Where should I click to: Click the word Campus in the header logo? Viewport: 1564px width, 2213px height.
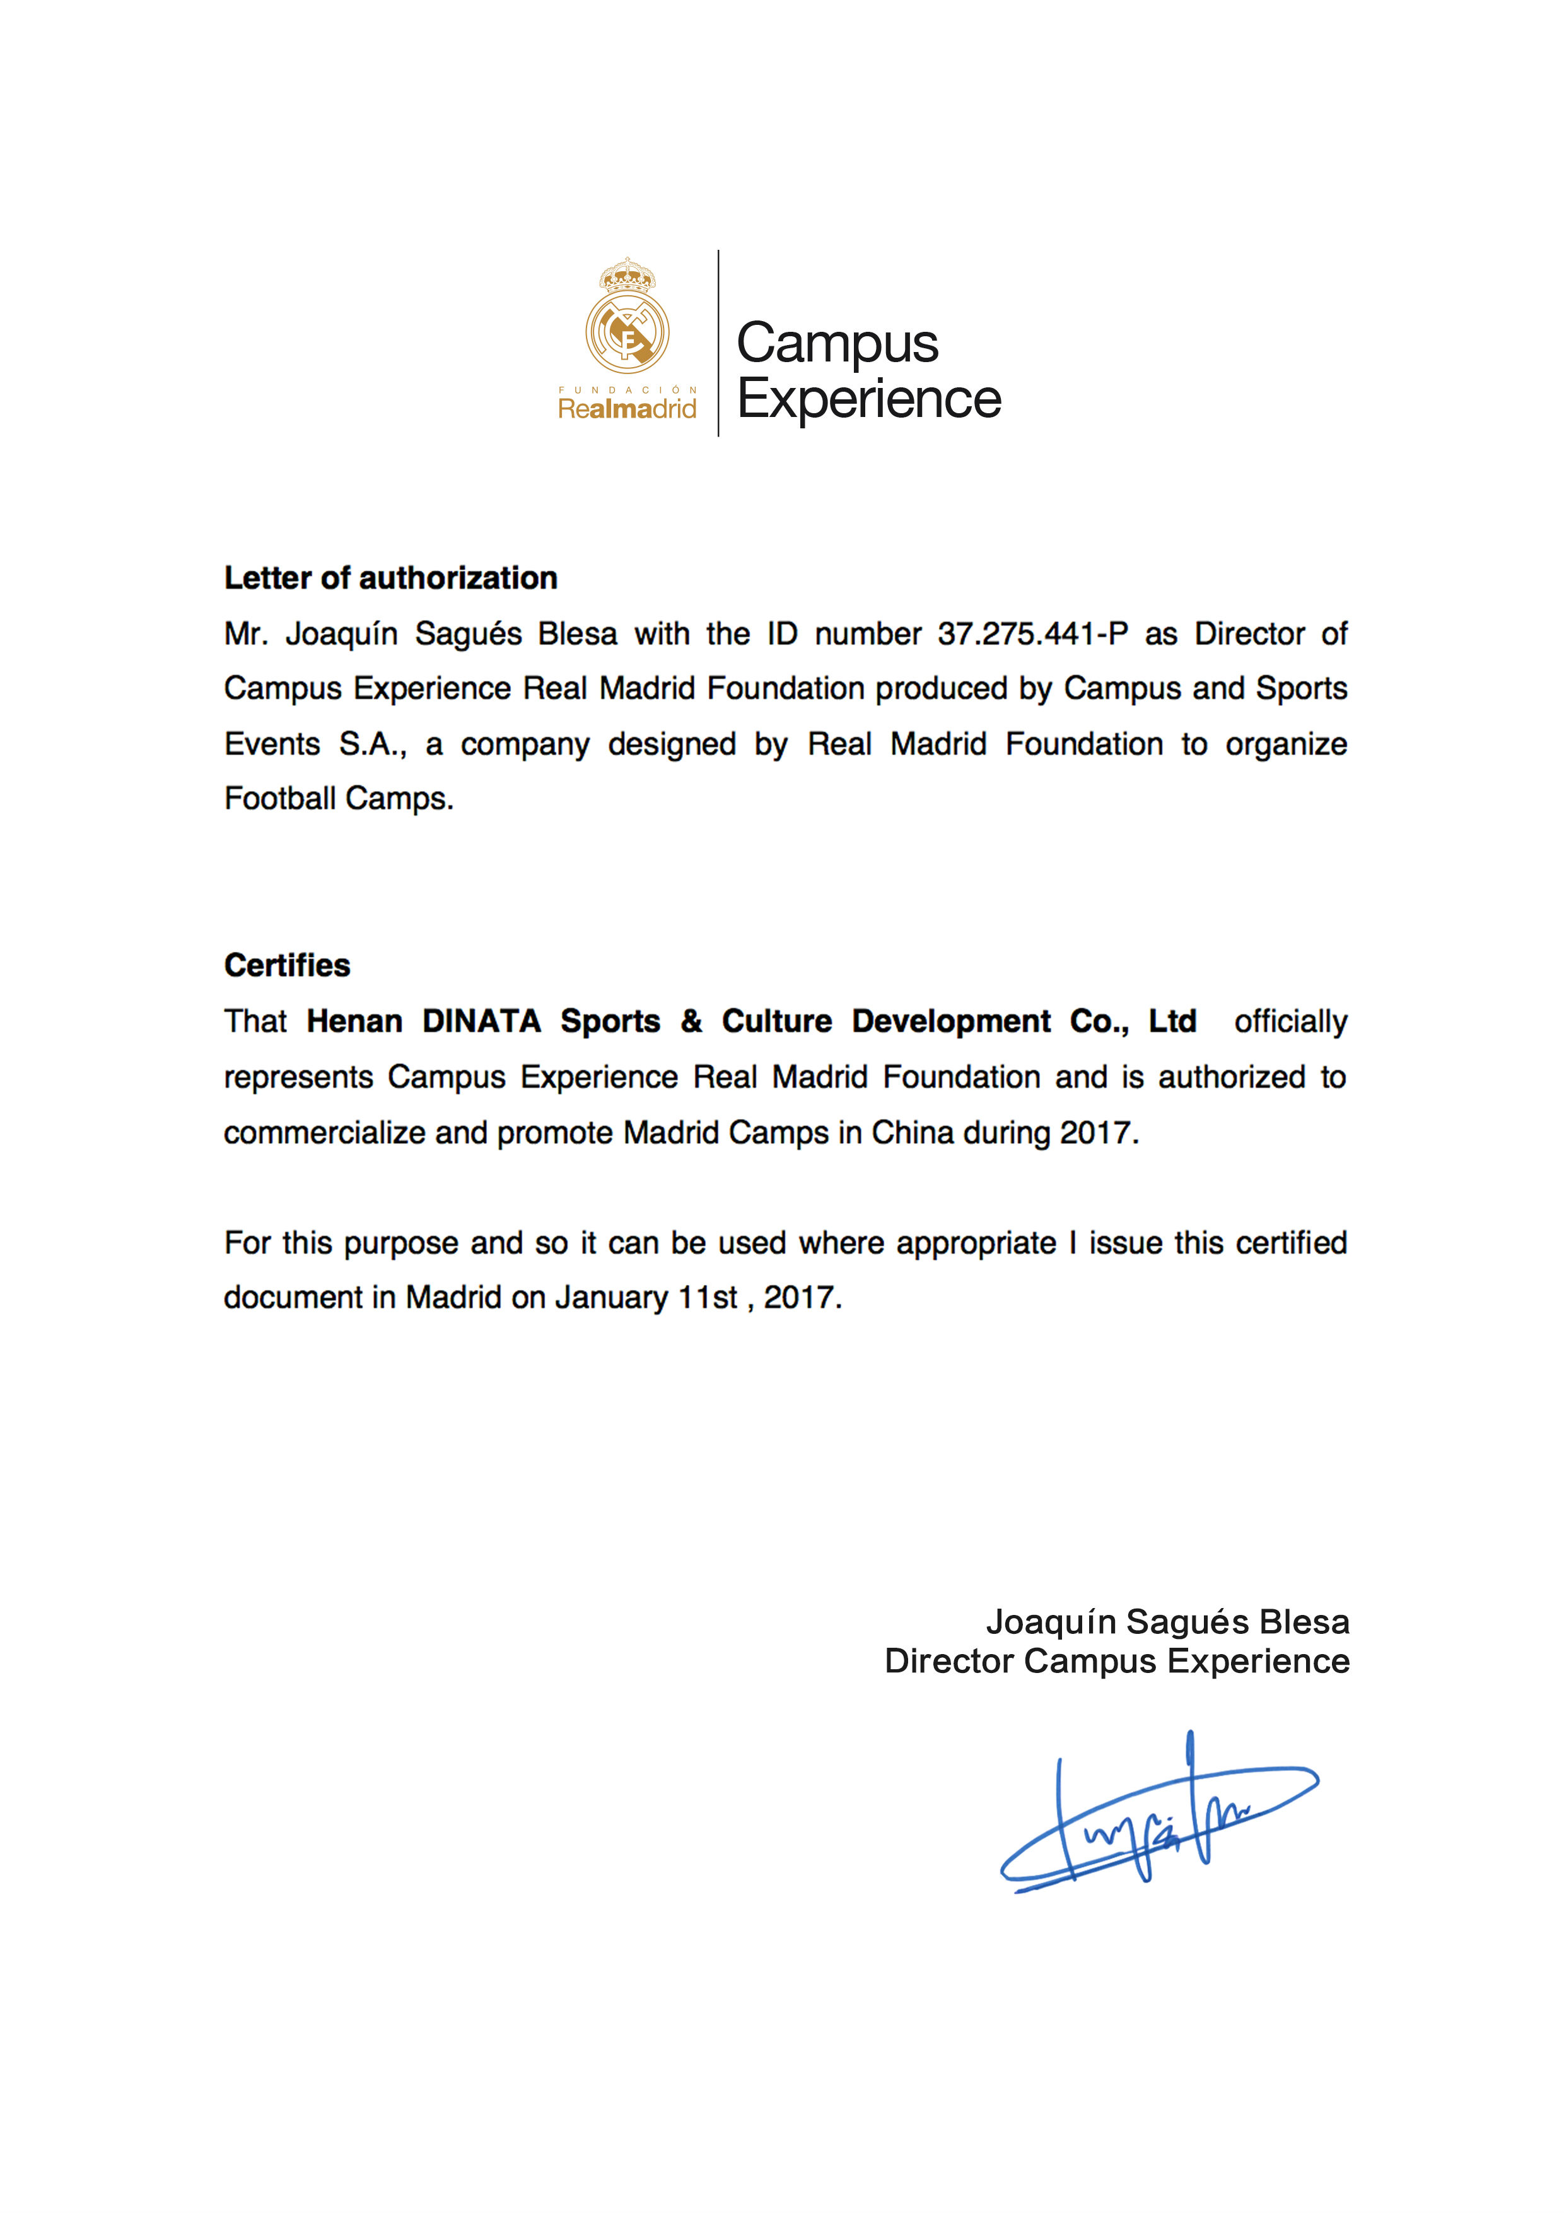[x=836, y=344]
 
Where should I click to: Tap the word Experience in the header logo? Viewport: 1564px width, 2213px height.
[x=868, y=399]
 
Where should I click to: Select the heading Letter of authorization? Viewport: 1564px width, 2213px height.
[x=390, y=578]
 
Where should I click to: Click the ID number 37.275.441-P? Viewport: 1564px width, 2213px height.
[x=1032, y=634]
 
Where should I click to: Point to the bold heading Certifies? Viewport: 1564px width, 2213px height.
[x=287, y=966]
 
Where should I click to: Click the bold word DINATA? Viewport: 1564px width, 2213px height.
[x=482, y=1022]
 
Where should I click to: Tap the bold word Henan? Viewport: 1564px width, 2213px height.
[x=354, y=1022]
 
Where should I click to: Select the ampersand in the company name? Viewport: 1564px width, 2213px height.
[x=691, y=1022]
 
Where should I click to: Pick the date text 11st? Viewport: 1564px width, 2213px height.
[x=708, y=1298]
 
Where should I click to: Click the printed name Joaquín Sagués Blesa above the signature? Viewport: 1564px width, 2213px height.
[x=1167, y=1622]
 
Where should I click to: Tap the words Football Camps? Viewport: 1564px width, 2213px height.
[x=338, y=799]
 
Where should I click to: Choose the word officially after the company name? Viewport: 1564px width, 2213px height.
[x=1290, y=1022]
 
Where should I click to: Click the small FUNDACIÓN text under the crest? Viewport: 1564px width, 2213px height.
[x=627, y=390]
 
